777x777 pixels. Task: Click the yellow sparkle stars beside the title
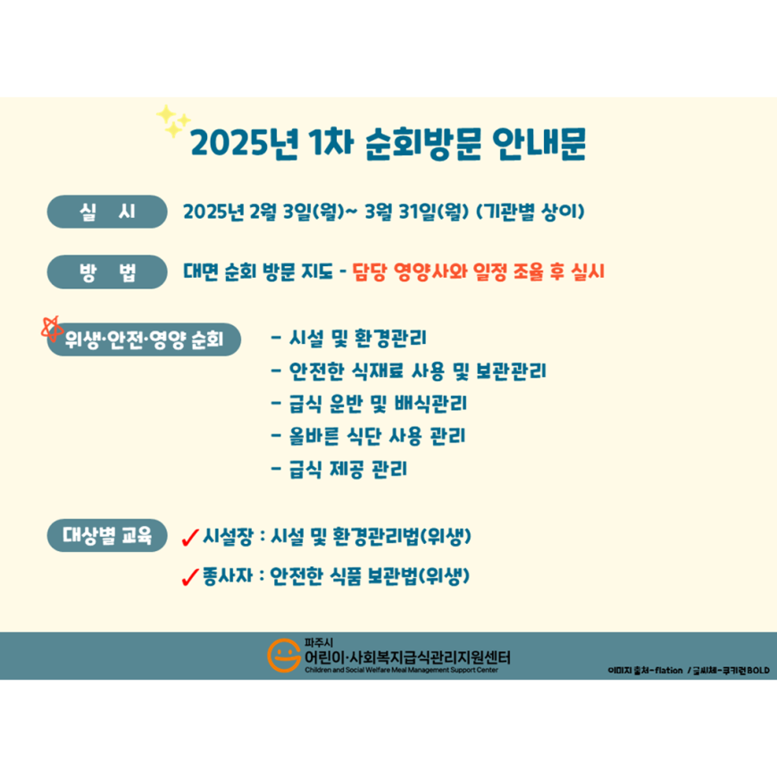tap(173, 121)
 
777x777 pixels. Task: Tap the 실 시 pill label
tap(107, 212)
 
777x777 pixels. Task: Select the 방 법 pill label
tap(107, 272)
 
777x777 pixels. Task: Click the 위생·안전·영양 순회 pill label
tap(144, 339)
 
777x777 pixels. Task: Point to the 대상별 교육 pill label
tap(107, 535)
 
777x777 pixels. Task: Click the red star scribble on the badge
tap(52, 329)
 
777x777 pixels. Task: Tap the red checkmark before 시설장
tap(190, 537)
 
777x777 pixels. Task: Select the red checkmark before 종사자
tap(190, 577)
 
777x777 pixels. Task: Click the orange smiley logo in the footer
tap(284, 656)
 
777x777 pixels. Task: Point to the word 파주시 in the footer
tap(319, 643)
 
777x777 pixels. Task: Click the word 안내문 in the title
tap(539, 144)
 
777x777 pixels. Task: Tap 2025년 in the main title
tap(245, 144)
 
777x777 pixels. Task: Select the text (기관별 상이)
tap(531, 212)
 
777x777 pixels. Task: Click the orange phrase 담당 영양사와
tap(410, 272)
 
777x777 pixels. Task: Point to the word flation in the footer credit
tap(668, 671)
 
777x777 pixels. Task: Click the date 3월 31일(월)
tap(417, 212)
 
